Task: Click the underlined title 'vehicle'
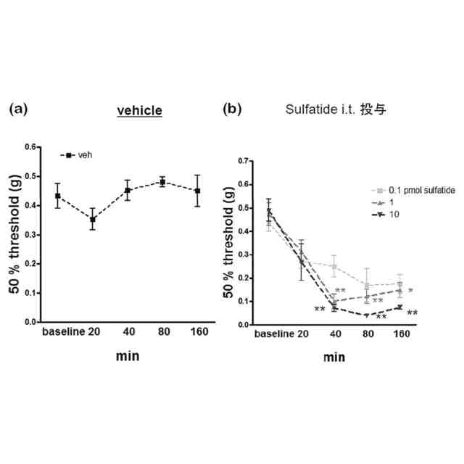pyautogui.click(x=140, y=110)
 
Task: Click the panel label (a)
pyautogui.click(x=19, y=109)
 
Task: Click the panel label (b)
pyautogui.click(x=232, y=109)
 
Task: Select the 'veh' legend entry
pyautogui.click(x=85, y=154)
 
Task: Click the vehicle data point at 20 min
pyautogui.click(x=92, y=219)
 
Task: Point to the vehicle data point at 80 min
pyautogui.click(x=162, y=182)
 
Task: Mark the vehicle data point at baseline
pyautogui.click(x=57, y=196)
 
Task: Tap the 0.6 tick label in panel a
pyautogui.click(x=31, y=147)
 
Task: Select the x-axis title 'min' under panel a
pyautogui.click(x=128, y=356)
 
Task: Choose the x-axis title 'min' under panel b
pyautogui.click(x=334, y=357)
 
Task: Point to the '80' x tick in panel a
pyautogui.click(x=162, y=332)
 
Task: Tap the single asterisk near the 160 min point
pyautogui.click(x=410, y=291)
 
